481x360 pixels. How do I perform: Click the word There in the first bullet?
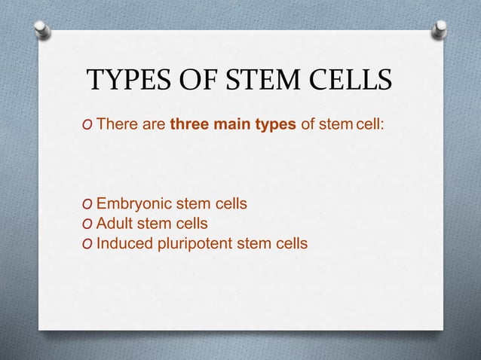tap(116, 124)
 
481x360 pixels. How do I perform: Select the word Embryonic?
tap(133, 204)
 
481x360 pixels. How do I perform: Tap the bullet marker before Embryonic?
tap(89, 205)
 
